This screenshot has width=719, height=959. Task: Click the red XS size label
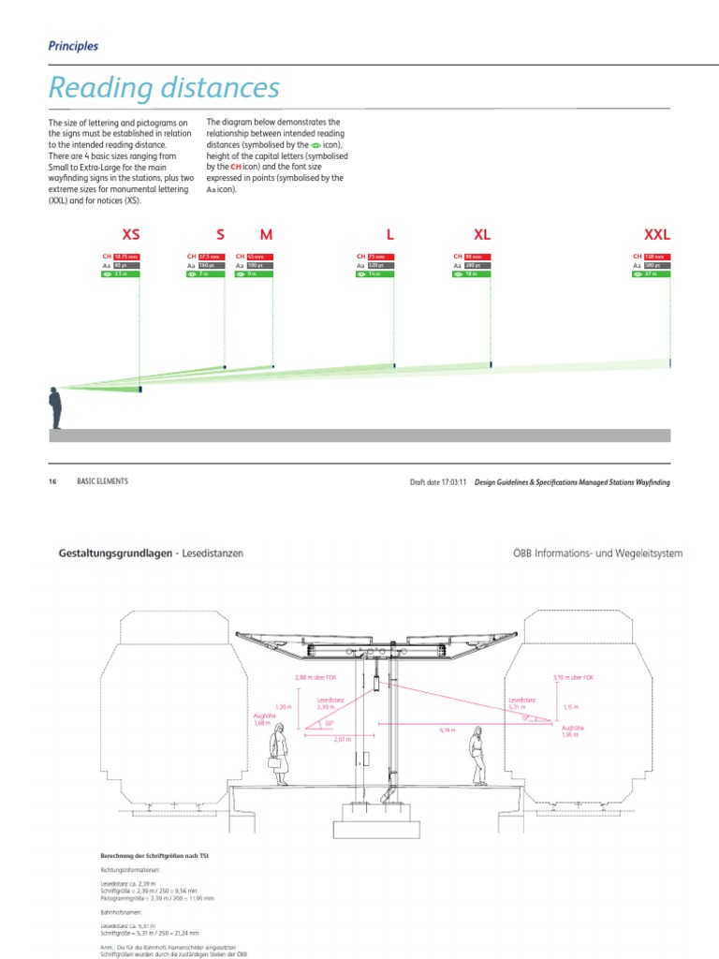[x=131, y=234]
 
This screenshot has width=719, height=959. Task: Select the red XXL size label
[x=658, y=234]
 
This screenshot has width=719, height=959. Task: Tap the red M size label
[x=266, y=234]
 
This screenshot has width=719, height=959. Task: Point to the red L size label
[x=389, y=234]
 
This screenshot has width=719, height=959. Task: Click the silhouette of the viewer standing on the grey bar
[x=56, y=408]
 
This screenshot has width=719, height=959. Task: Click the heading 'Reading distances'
[x=164, y=88]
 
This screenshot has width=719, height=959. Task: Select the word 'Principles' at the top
[x=73, y=45]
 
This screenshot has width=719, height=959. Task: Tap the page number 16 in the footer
[x=52, y=481]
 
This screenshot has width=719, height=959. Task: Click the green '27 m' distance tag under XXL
[x=654, y=274]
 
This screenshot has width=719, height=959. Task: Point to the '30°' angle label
[x=330, y=723]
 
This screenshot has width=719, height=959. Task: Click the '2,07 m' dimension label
[x=342, y=740]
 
